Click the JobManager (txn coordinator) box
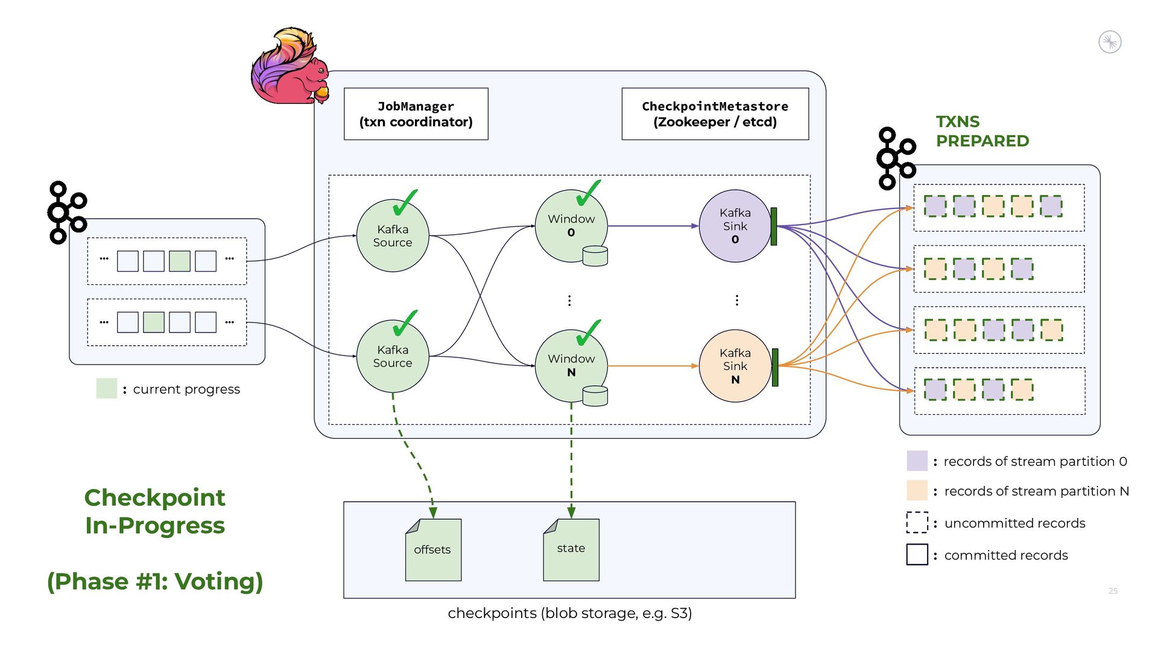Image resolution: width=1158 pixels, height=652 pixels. [416, 114]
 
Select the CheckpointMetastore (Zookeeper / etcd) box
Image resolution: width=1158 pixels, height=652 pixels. [715, 114]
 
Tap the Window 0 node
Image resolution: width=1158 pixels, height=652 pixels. [571, 226]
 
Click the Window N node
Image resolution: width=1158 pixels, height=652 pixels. [571, 365]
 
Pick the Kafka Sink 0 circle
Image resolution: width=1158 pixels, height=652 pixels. [735, 226]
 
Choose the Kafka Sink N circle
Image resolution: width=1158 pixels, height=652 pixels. [735, 366]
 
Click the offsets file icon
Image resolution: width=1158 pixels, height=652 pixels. [433, 549]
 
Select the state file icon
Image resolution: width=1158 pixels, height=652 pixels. [571, 549]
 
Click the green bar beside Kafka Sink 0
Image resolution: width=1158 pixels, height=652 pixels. [774, 226]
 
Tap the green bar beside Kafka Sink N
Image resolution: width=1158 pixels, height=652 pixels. [775, 367]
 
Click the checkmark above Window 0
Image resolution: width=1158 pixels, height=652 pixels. [587, 193]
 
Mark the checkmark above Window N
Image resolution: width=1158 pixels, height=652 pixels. [587, 333]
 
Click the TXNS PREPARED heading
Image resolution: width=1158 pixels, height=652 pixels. [982, 131]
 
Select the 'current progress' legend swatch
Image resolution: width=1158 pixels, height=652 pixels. [107, 388]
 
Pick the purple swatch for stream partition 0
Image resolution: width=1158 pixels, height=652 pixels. [917, 461]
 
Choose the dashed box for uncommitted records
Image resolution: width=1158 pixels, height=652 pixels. [917, 522]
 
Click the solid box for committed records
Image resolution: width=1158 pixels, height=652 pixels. [917, 554]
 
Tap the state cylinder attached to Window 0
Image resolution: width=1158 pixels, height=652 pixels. [595, 256]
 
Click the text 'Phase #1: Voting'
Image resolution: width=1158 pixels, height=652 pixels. [155, 581]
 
